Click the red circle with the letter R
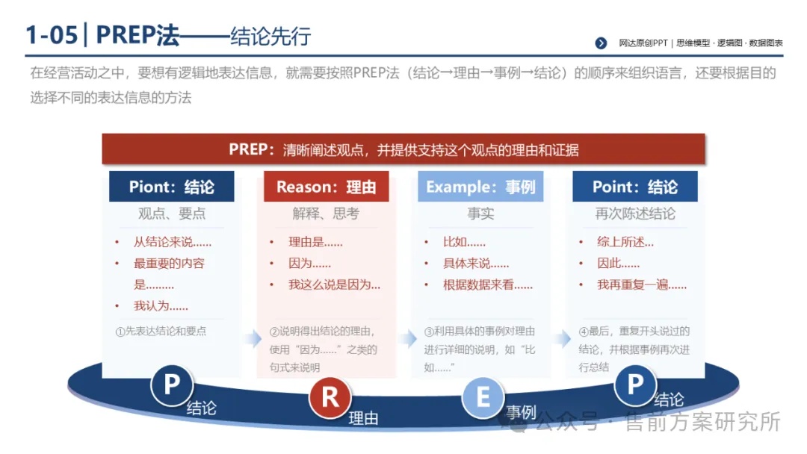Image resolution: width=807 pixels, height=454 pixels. [x=330, y=397]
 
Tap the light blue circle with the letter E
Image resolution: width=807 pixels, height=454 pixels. [x=483, y=397]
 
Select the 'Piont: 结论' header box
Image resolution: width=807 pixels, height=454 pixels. [x=171, y=186]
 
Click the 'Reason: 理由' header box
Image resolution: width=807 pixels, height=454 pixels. [x=327, y=186]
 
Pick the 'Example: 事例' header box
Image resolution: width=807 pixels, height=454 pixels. [x=480, y=186]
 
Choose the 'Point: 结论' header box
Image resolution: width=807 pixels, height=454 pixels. [x=635, y=186]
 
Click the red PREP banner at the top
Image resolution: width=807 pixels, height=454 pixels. [x=403, y=149]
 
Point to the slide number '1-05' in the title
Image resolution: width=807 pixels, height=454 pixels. [x=52, y=35]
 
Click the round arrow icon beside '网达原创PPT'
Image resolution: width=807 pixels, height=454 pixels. [x=601, y=43]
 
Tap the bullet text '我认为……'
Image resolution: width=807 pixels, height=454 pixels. [x=161, y=306]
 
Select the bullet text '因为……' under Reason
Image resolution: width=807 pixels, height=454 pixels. [x=309, y=264]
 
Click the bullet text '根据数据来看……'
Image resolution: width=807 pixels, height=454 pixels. [x=487, y=284]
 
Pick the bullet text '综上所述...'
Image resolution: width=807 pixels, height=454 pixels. [x=625, y=242]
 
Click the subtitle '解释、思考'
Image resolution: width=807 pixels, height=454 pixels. [x=326, y=214]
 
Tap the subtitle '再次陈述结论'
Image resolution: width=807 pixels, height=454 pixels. [x=635, y=214]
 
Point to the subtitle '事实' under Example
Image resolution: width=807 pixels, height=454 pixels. [x=480, y=214]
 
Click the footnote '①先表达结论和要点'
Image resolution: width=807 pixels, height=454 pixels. [x=161, y=331]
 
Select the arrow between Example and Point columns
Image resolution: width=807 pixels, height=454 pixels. [x=563, y=338]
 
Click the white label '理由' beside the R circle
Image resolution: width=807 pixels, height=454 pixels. [x=363, y=418]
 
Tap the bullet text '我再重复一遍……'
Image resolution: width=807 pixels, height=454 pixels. [x=641, y=284]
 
